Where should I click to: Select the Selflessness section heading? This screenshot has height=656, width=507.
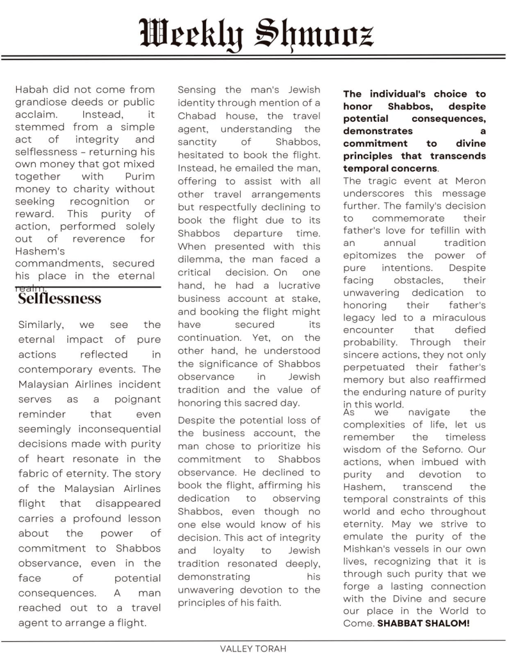point(60,299)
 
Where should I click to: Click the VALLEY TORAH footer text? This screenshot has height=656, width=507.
point(253,648)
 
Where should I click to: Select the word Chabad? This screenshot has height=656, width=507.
point(198,116)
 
